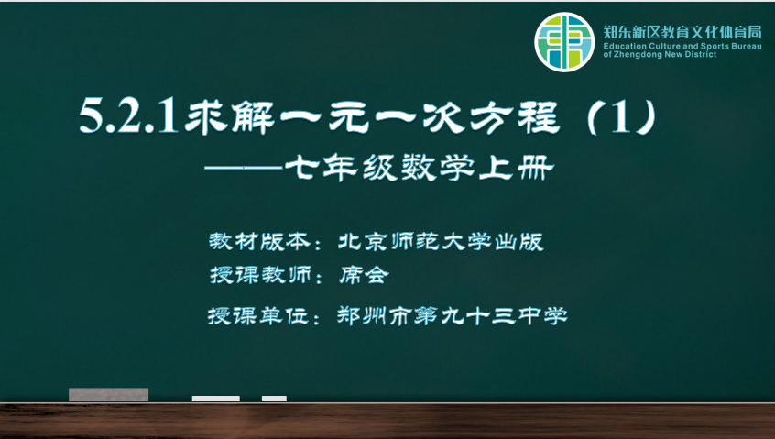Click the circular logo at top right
point(564,42)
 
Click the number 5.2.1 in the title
point(128,116)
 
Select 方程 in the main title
point(515,116)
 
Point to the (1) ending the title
point(622,116)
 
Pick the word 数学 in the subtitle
point(438,168)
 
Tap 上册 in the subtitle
point(516,168)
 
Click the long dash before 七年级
point(244,168)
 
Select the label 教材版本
point(259,241)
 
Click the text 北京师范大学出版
point(441,241)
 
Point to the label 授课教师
point(260,275)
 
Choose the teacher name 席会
point(364,275)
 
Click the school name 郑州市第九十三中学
point(453,315)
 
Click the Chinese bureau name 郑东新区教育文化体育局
point(682,33)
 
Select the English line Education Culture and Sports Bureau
point(682,47)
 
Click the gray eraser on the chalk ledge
point(108,394)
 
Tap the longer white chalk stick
point(216,399)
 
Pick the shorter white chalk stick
point(274,399)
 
